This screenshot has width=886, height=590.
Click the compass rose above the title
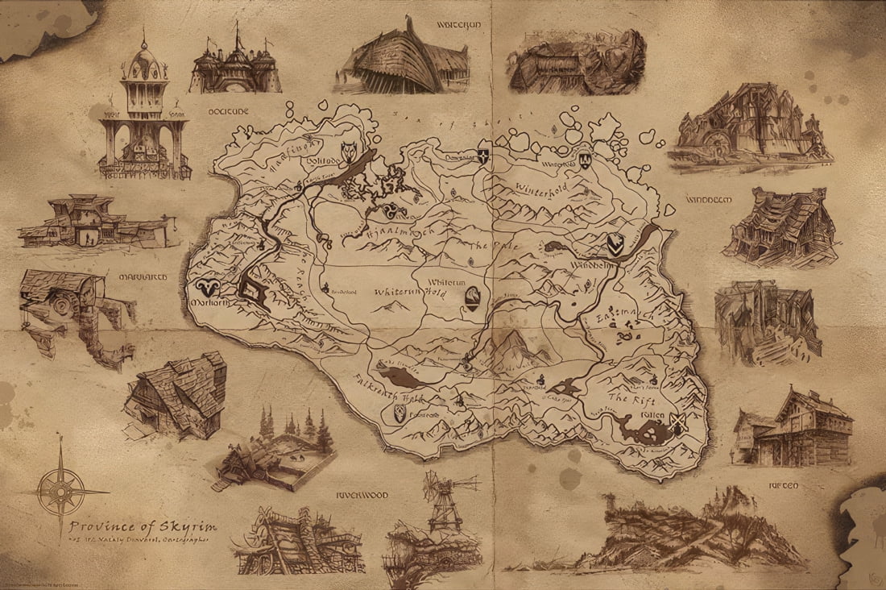63,489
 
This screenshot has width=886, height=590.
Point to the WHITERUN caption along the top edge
458,25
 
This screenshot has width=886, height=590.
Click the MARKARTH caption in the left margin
143,276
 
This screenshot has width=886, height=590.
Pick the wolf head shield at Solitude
350,153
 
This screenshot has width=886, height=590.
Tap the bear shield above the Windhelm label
615,243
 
